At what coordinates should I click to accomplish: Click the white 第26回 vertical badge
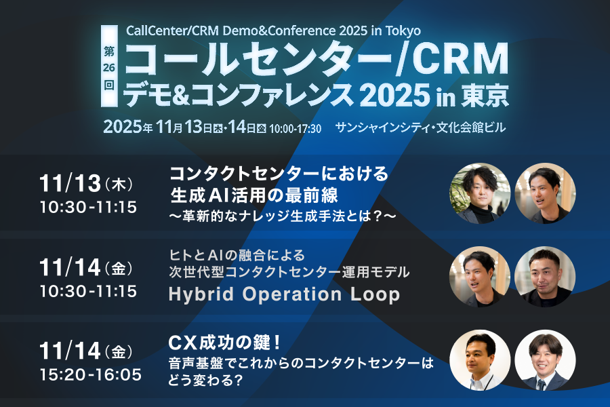(109, 66)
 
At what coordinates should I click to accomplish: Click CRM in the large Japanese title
(460, 59)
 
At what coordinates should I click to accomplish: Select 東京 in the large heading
(485, 95)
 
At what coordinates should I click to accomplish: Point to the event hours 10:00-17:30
(296, 128)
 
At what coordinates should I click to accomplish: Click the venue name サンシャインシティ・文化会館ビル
(420, 128)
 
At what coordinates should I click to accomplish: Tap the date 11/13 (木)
(86, 183)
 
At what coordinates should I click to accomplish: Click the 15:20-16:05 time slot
(91, 374)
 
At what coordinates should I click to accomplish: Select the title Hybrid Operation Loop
(284, 294)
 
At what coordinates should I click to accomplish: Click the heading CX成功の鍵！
(225, 343)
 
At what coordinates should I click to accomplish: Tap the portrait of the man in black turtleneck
(480, 193)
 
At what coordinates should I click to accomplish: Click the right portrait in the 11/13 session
(545, 193)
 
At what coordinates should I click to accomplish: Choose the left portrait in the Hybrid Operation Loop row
(480, 277)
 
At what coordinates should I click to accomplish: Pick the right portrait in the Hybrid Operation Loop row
(545, 277)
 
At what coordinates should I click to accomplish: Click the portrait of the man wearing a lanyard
(480, 360)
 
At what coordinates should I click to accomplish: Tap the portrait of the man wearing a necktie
(545, 360)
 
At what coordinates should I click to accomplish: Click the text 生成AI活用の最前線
(254, 195)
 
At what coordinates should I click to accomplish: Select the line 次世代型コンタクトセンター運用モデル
(289, 272)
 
